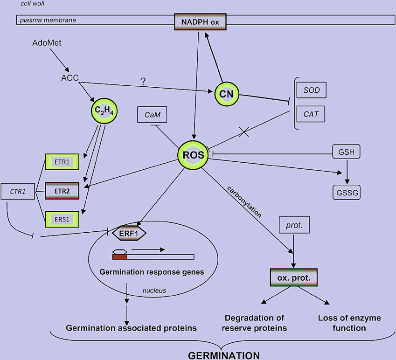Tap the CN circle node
tap(227, 93)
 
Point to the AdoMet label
tap(47, 43)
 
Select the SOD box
tap(312, 90)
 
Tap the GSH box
tap(346, 152)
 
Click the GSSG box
tap(346, 191)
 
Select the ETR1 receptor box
tap(62, 163)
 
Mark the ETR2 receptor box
tap(62, 190)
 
